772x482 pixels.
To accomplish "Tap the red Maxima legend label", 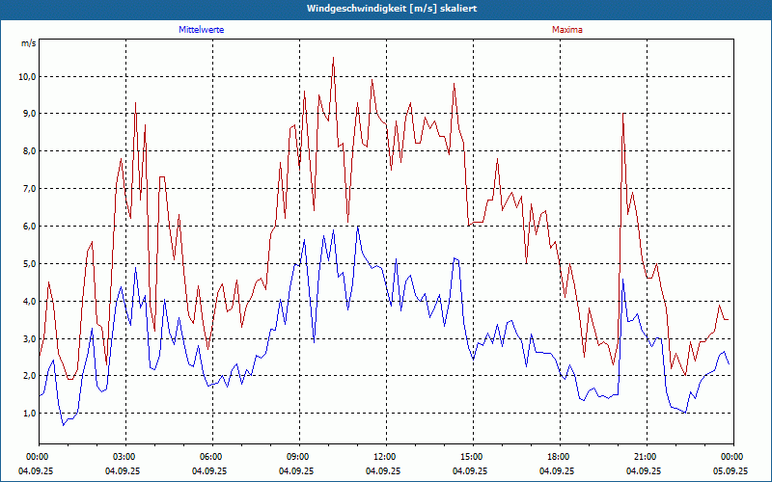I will tap(566, 30).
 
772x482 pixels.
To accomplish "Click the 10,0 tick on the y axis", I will tap(26, 76).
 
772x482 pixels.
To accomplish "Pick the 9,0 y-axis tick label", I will tap(28, 114).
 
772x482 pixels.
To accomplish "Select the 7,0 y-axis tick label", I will tap(28, 189).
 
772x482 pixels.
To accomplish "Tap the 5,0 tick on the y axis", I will tap(28, 263).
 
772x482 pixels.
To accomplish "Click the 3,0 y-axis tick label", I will tap(28, 338).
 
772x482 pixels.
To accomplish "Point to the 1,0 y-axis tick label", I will tap(28, 414).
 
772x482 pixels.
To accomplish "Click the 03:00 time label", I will tap(124, 457).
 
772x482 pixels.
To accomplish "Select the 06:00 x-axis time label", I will tap(211, 457).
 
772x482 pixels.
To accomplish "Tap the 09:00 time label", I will tap(298, 457).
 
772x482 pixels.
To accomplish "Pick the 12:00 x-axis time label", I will tap(385, 457).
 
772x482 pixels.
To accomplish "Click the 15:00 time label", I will tap(472, 457).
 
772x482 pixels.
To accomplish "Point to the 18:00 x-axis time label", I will tap(559, 457).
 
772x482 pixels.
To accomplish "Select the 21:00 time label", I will tap(646, 457).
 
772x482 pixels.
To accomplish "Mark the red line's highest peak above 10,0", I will tap(333, 58).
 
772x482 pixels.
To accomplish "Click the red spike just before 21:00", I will tap(623, 114).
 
